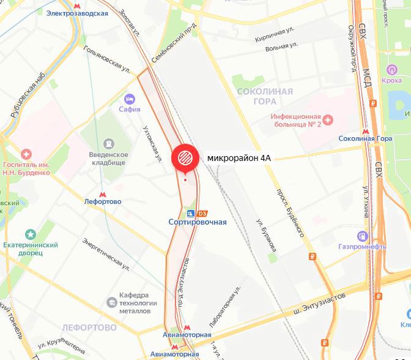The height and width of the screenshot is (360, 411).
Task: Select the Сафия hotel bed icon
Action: (x=130, y=99)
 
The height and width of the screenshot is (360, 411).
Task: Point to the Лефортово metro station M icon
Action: (x=102, y=191)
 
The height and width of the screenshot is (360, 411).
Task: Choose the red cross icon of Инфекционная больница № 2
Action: (x=327, y=119)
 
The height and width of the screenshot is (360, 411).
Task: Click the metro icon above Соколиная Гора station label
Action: (x=366, y=130)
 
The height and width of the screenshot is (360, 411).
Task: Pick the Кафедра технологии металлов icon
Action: (x=112, y=302)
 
